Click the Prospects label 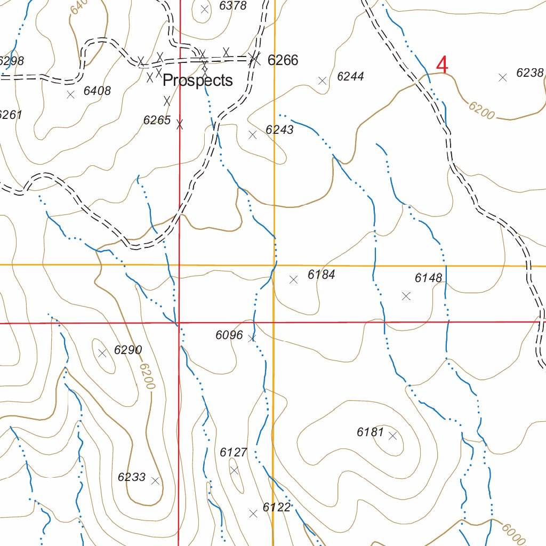pyautogui.click(x=197, y=81)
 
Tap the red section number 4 pyautogui.click(x=442, y=65)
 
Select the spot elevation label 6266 pyautogui.click(x=283, y=60)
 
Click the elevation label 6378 pyautogui.click(x=233, y=6)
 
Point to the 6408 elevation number pyautogui.click(x=97, y=91)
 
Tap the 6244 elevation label pyautogui.click(x=350, y=76)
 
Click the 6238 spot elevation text pyautogui.click(x=529, y=73)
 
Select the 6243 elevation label pyautogui.click(x=279, y=130)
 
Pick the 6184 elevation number pyautogui.click(x=322, y=275)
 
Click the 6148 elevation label pyautogui.click(x=429, y=278)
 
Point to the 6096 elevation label pyautogui.click(x=229, y=335)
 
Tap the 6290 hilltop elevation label pyautogui.click(x=128, y=350)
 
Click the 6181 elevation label pyautogui.click(x=370, y=432)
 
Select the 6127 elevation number pyautogui.click(x=234, y=452)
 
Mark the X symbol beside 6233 pyautogui.click(x=155, y=480)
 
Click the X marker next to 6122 pyautogui.click(x=253, y=513)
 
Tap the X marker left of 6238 pyautogui.click(x=502, y=77)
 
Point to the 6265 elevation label pyautogui.click(x=157, y=120)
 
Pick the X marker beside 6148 pyautogui.click(x=406, y=296)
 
